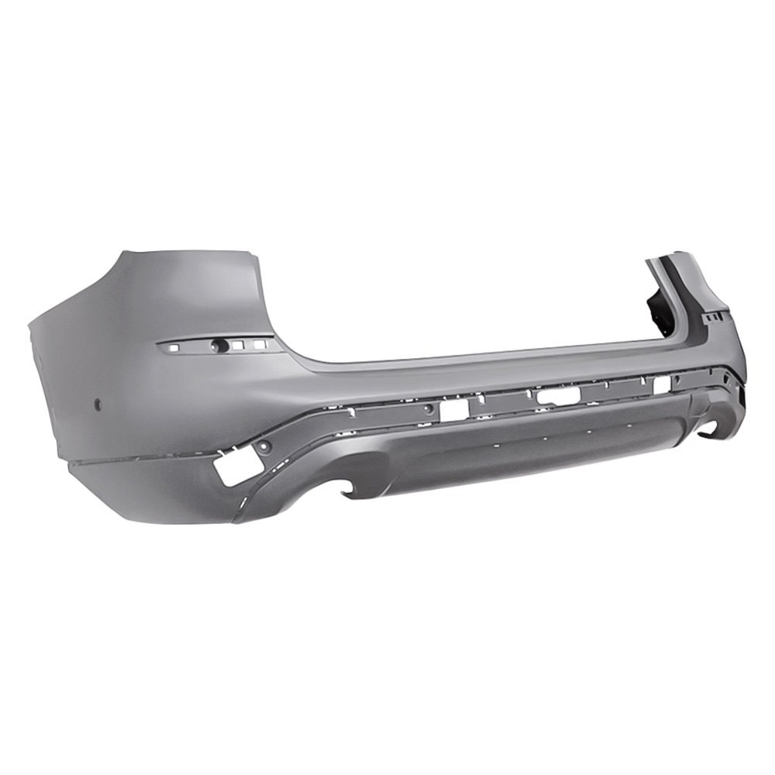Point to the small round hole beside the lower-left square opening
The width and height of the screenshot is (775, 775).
tap(263, 446)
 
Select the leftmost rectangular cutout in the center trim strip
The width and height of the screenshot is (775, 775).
tap(454, 408)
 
